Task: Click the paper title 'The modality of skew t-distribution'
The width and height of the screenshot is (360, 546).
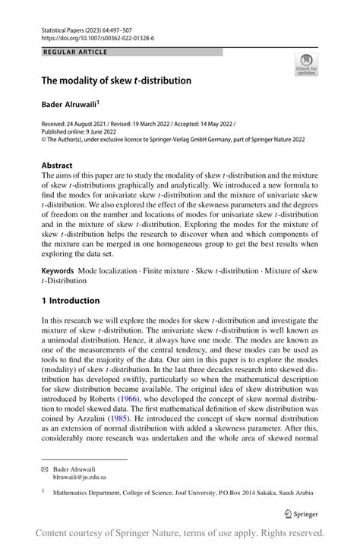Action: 115,80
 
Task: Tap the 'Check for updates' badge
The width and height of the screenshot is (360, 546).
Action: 306,65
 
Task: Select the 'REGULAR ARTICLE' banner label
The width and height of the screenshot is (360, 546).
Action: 76,52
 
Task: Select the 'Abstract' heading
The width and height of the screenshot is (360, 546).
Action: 57,165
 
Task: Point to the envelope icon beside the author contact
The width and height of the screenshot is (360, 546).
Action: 44,469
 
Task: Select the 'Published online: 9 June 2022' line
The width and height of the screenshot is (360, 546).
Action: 80,131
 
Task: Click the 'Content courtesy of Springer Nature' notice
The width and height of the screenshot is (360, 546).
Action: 180,532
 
